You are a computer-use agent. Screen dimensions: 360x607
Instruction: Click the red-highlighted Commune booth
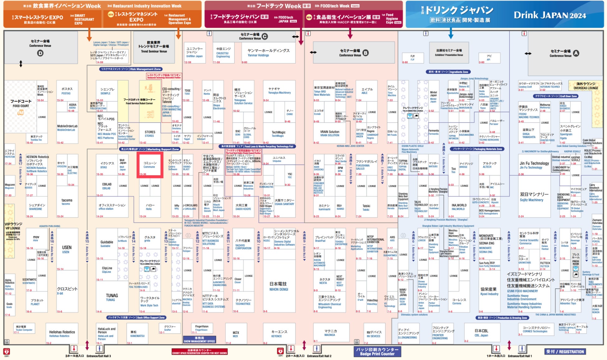pos(150,165)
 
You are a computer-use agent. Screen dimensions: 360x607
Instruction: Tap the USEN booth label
pos(67,249)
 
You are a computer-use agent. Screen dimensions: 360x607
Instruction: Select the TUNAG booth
pos(111,297)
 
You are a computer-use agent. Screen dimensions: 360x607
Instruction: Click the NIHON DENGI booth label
pos(279,286)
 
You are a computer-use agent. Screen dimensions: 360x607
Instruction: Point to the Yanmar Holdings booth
pos(268,53)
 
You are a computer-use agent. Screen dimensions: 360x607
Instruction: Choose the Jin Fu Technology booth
pos(534,165)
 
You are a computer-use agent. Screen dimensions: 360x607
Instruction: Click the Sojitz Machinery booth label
pos(534,197)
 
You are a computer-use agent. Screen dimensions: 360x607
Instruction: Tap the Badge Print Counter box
pos(377,352)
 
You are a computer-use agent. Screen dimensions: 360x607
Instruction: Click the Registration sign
pos(565,352)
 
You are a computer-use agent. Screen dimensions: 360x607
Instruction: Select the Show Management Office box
pos(199,339)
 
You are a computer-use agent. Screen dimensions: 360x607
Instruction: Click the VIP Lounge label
pos(13,226)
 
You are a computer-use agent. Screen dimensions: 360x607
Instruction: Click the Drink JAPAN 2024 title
pos(550,15)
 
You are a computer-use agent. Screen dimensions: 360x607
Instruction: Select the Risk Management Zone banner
pos(131,69)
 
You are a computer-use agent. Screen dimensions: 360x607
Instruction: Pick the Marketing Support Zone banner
pos(150,149)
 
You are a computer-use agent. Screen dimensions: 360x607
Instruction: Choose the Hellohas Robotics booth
pos(62,334)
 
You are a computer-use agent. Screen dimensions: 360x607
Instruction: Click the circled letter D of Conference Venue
pos(40,53)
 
